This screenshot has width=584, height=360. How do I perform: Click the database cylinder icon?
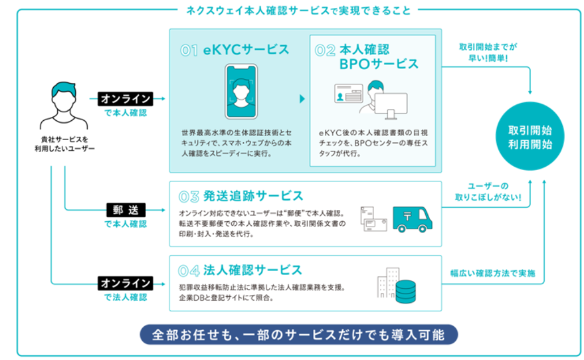[405, 290]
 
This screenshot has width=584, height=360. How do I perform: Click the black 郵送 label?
[126, 210]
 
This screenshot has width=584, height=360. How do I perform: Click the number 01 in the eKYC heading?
[189, 50]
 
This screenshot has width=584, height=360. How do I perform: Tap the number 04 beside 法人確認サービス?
[189, 270]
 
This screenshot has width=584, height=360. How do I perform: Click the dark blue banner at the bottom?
[298, 333]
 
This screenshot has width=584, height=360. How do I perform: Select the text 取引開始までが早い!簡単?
[488, 52]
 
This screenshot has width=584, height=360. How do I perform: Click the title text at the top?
[298, 10]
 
